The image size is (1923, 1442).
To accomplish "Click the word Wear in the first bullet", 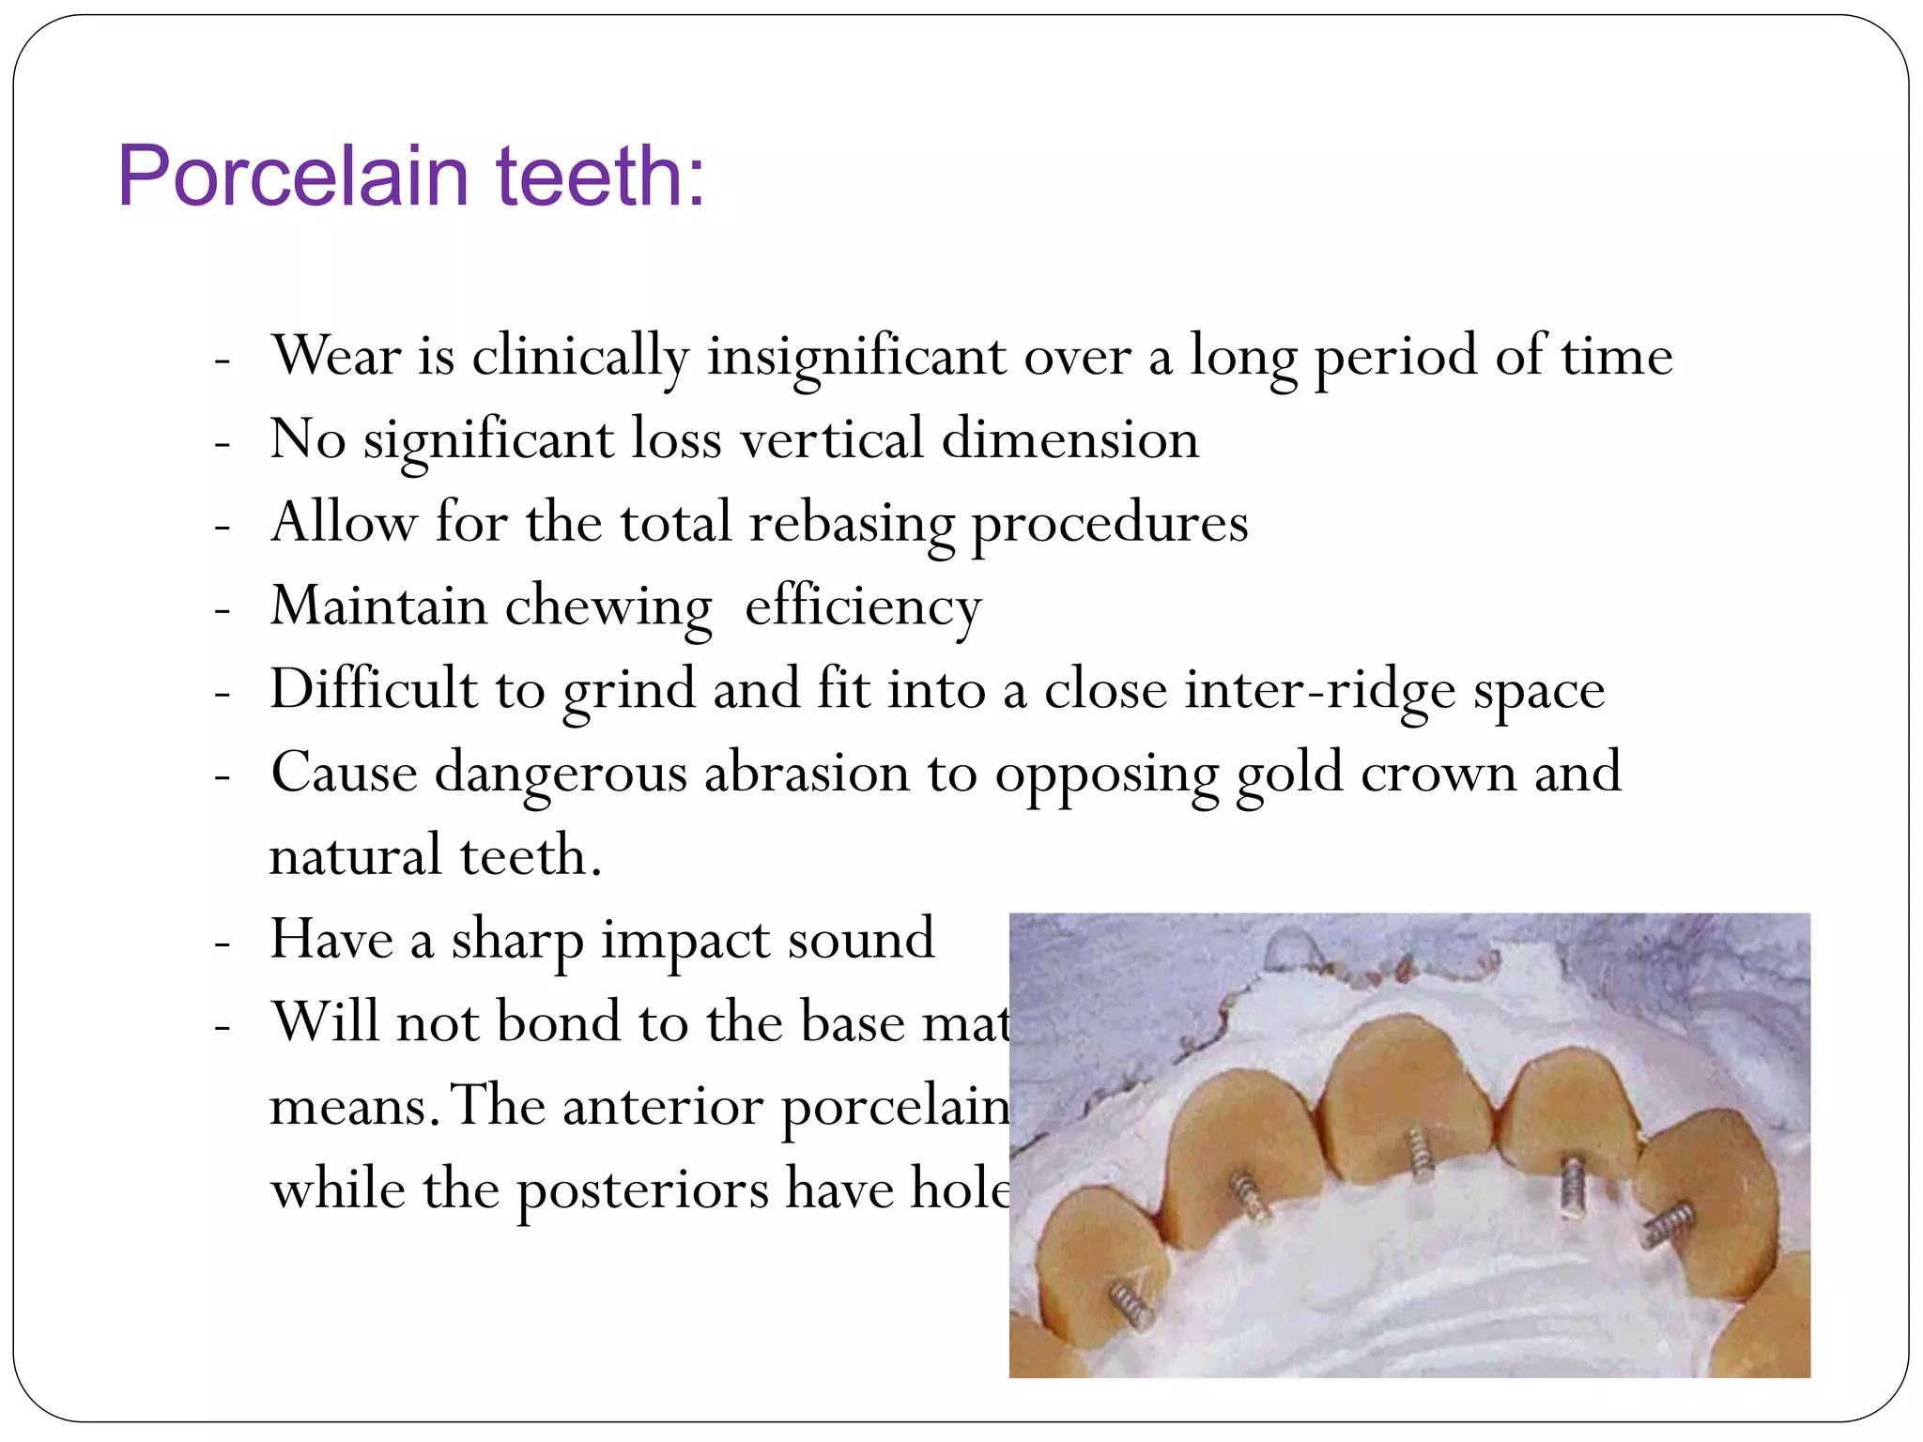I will pos(336,356).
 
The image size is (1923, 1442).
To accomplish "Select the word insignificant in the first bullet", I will pos(856,358).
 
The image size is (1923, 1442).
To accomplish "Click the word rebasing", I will pos(851,524).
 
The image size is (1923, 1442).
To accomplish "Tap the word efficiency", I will pos(863,607).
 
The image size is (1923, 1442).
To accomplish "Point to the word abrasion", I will pos(807,774).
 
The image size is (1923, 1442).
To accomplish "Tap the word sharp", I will pos(516,940).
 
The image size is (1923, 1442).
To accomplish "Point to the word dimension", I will pos(1069,439).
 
